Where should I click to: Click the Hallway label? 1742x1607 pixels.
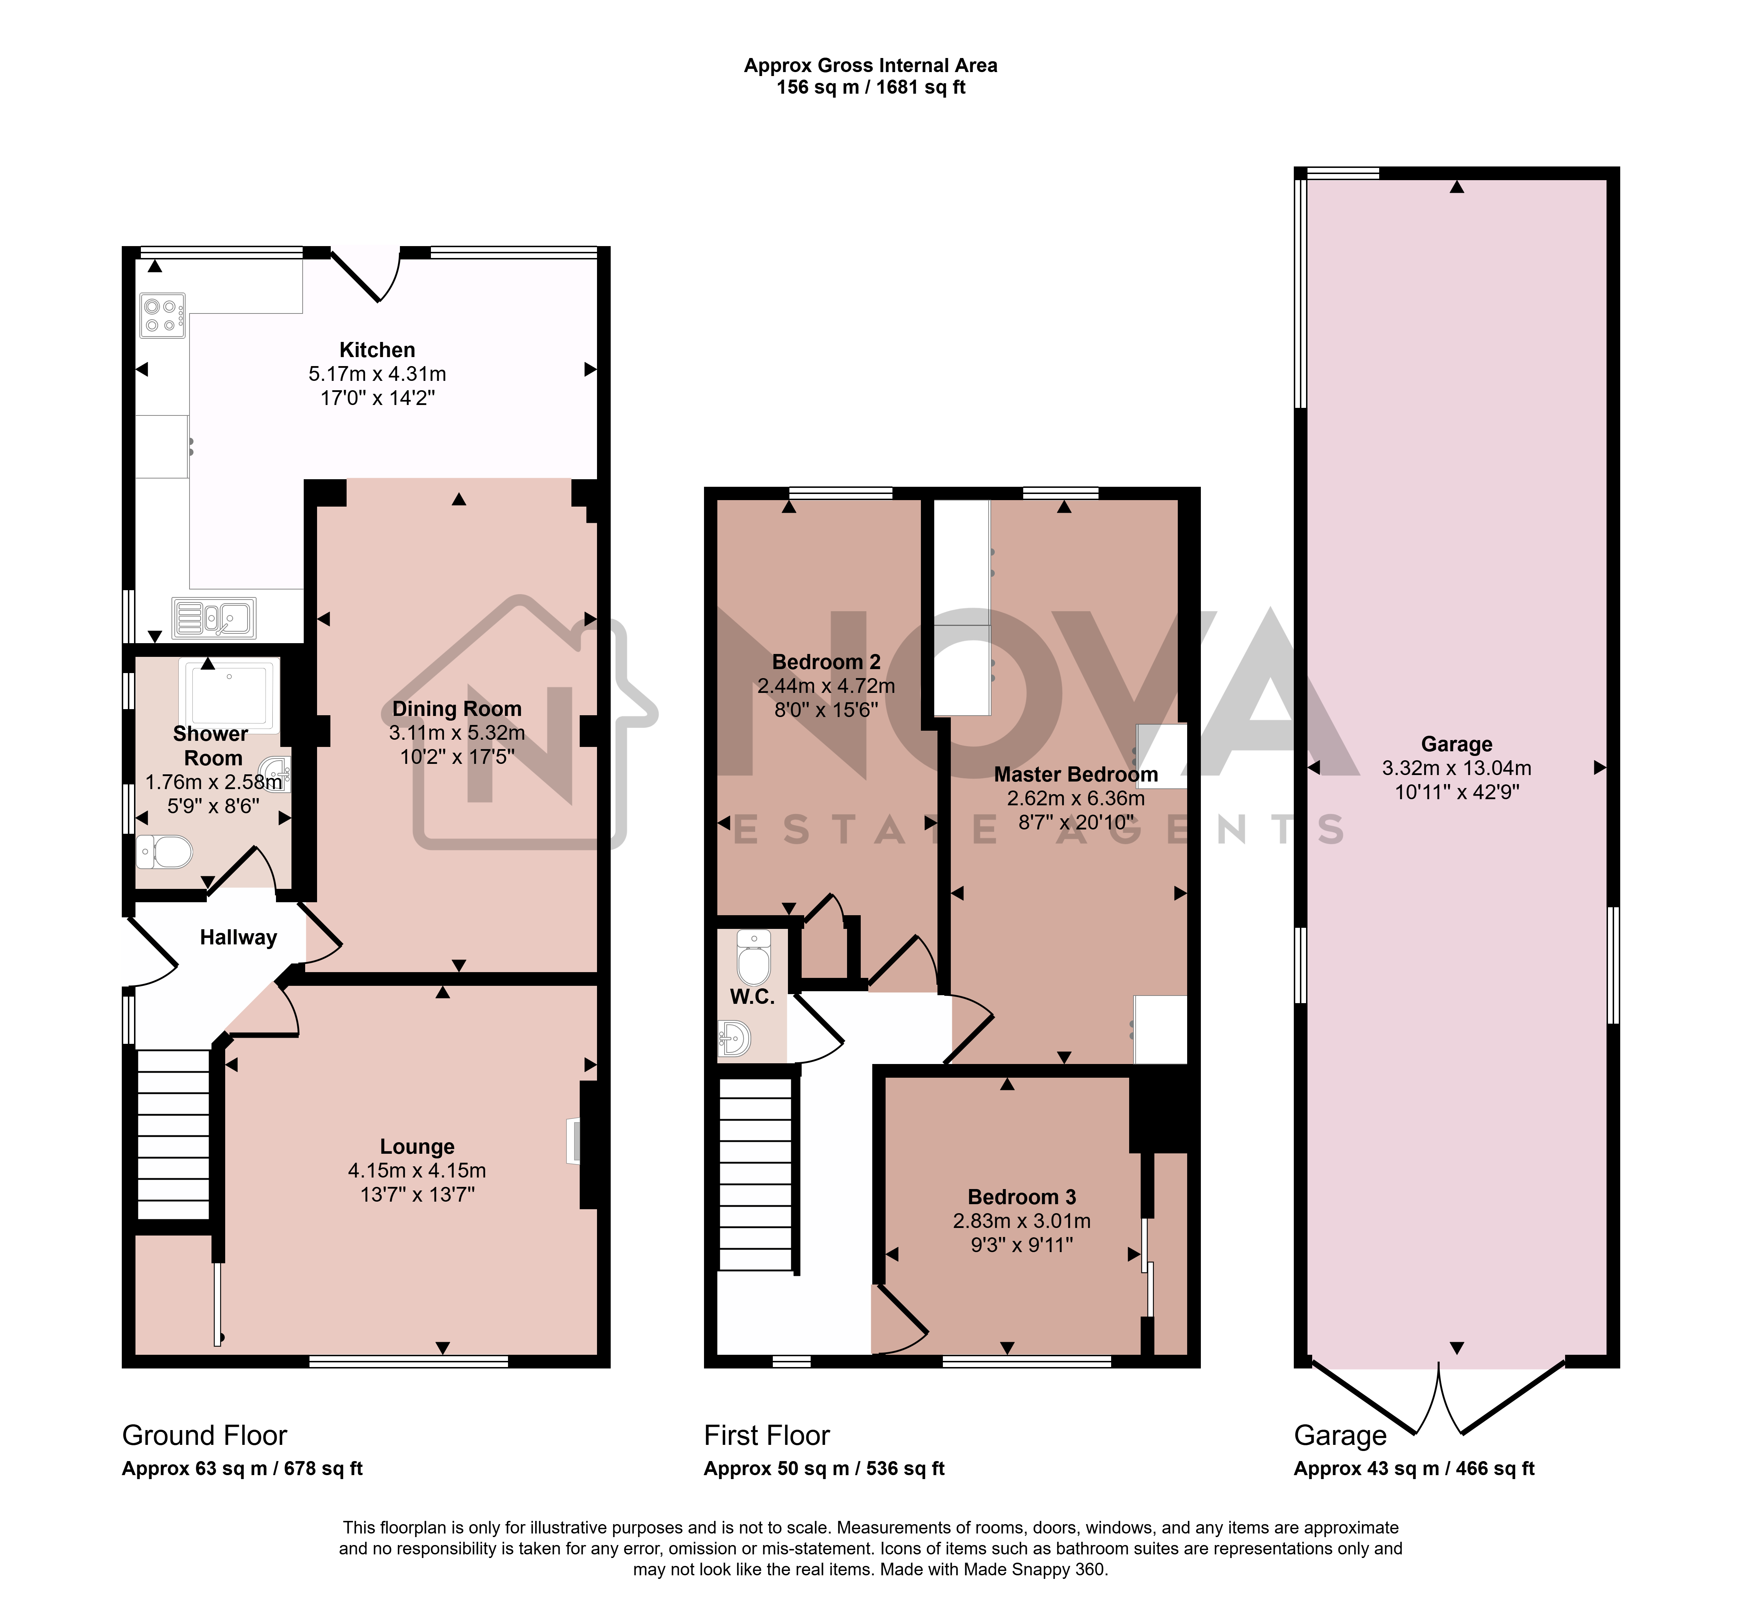click(x=238, y=938)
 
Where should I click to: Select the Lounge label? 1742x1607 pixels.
click(x=418, y=1146)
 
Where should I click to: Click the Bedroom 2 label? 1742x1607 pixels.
click(x=826, y=662)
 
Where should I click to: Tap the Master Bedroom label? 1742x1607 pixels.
click(x=1076, y=774)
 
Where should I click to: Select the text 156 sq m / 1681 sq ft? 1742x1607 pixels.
click(x=870, y=87)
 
